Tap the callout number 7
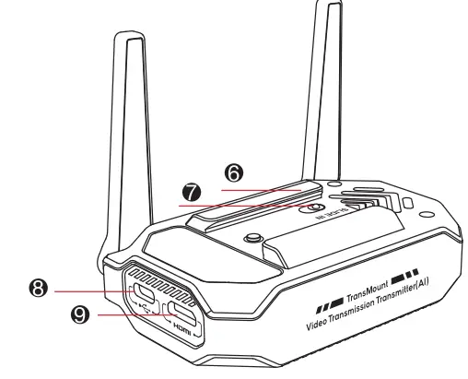click(x=192, y=192)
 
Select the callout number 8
click(x=38, y=289)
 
